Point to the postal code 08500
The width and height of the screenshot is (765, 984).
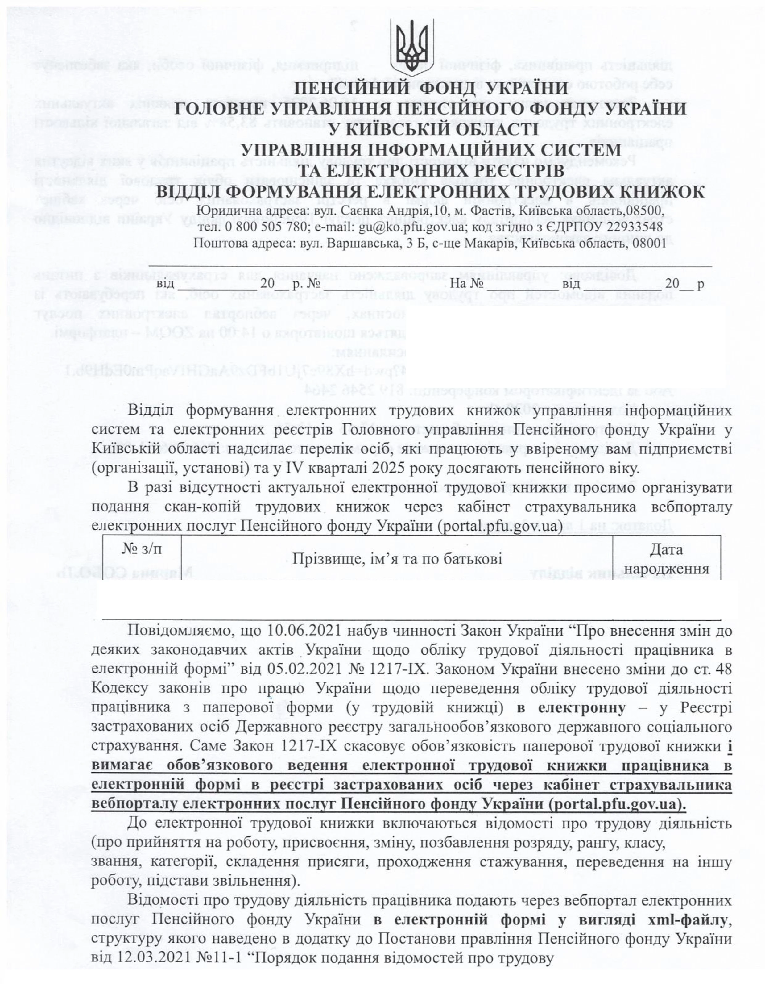click(647, 211)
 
